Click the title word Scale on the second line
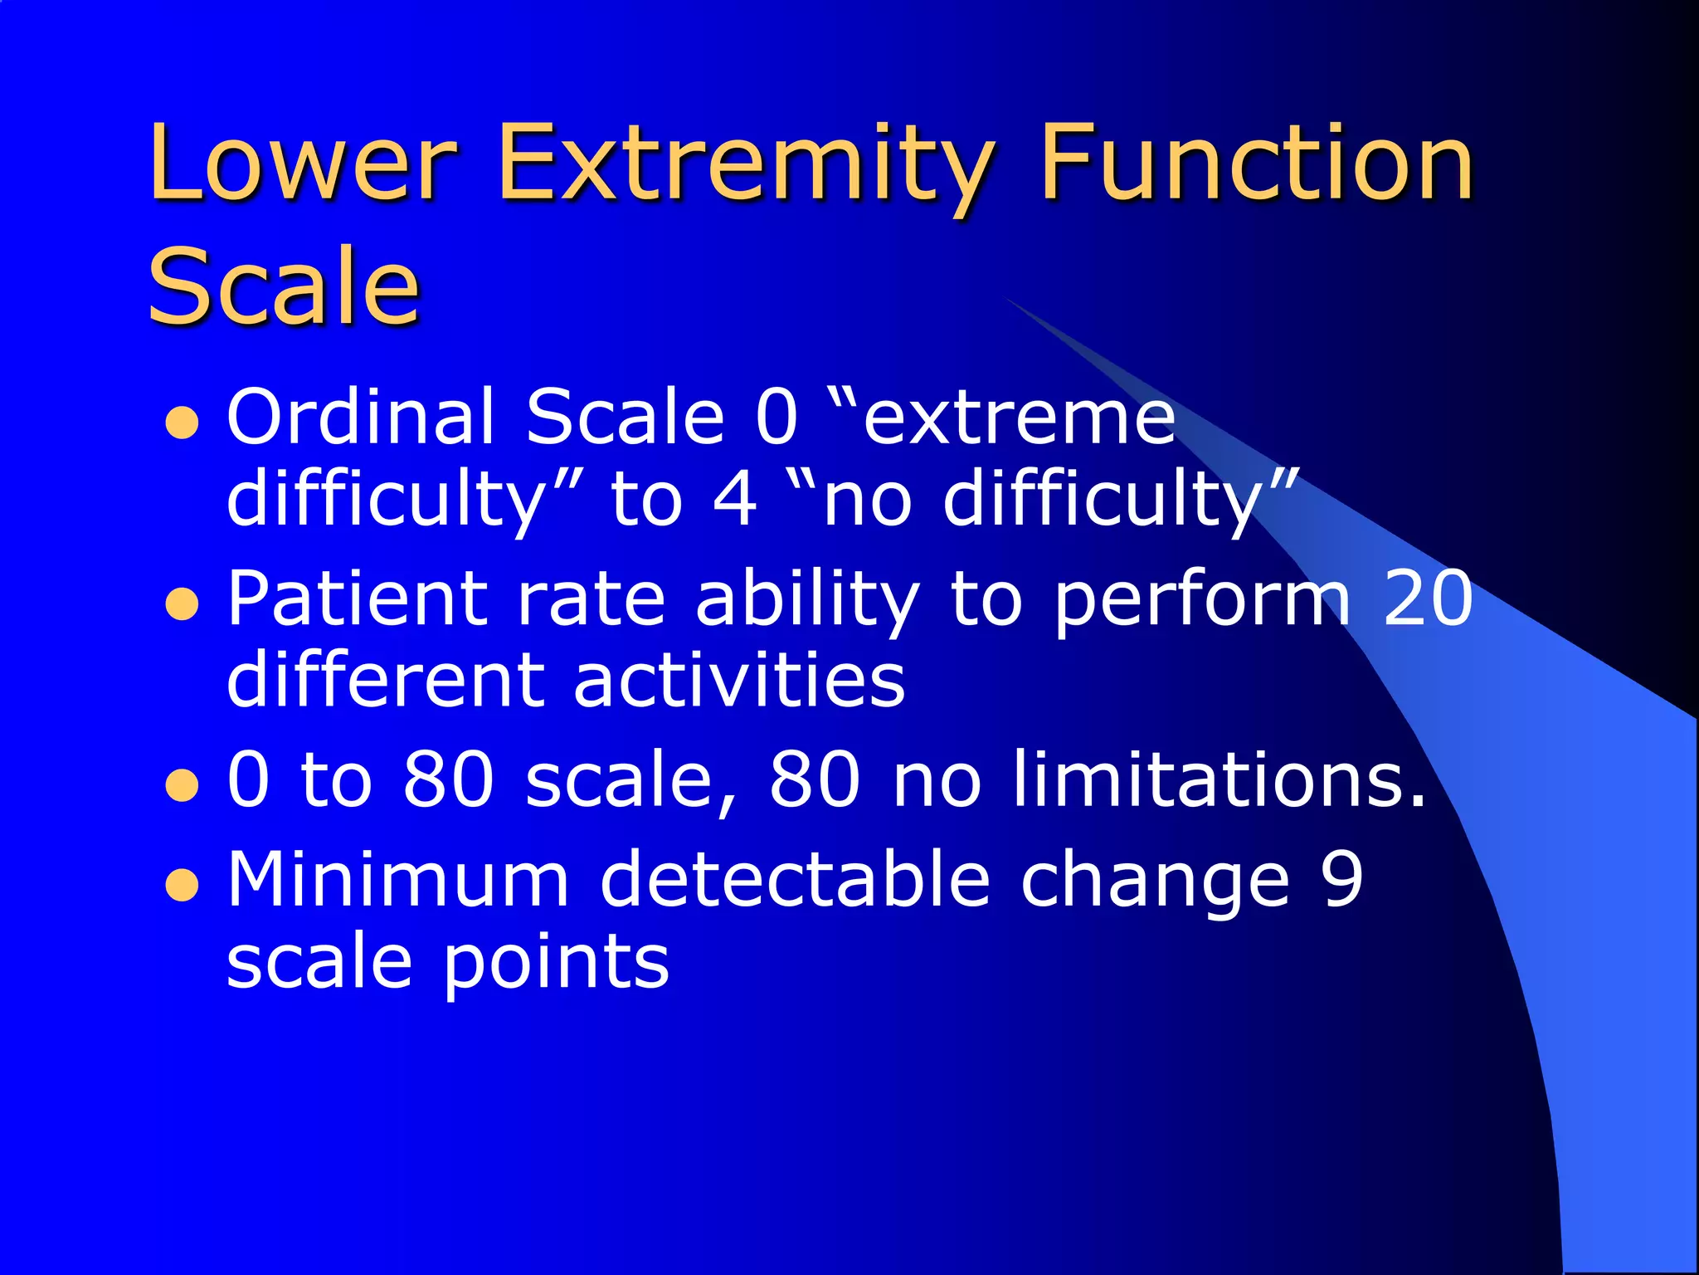(x=284, y=286)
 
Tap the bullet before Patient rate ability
(x=182, y=605)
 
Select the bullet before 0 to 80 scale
(x=182, y=786)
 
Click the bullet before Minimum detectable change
(x=182, y=886)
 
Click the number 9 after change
(x=1341, y=879)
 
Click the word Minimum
(x=398, y=879)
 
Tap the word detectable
(x=795, y=879)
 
